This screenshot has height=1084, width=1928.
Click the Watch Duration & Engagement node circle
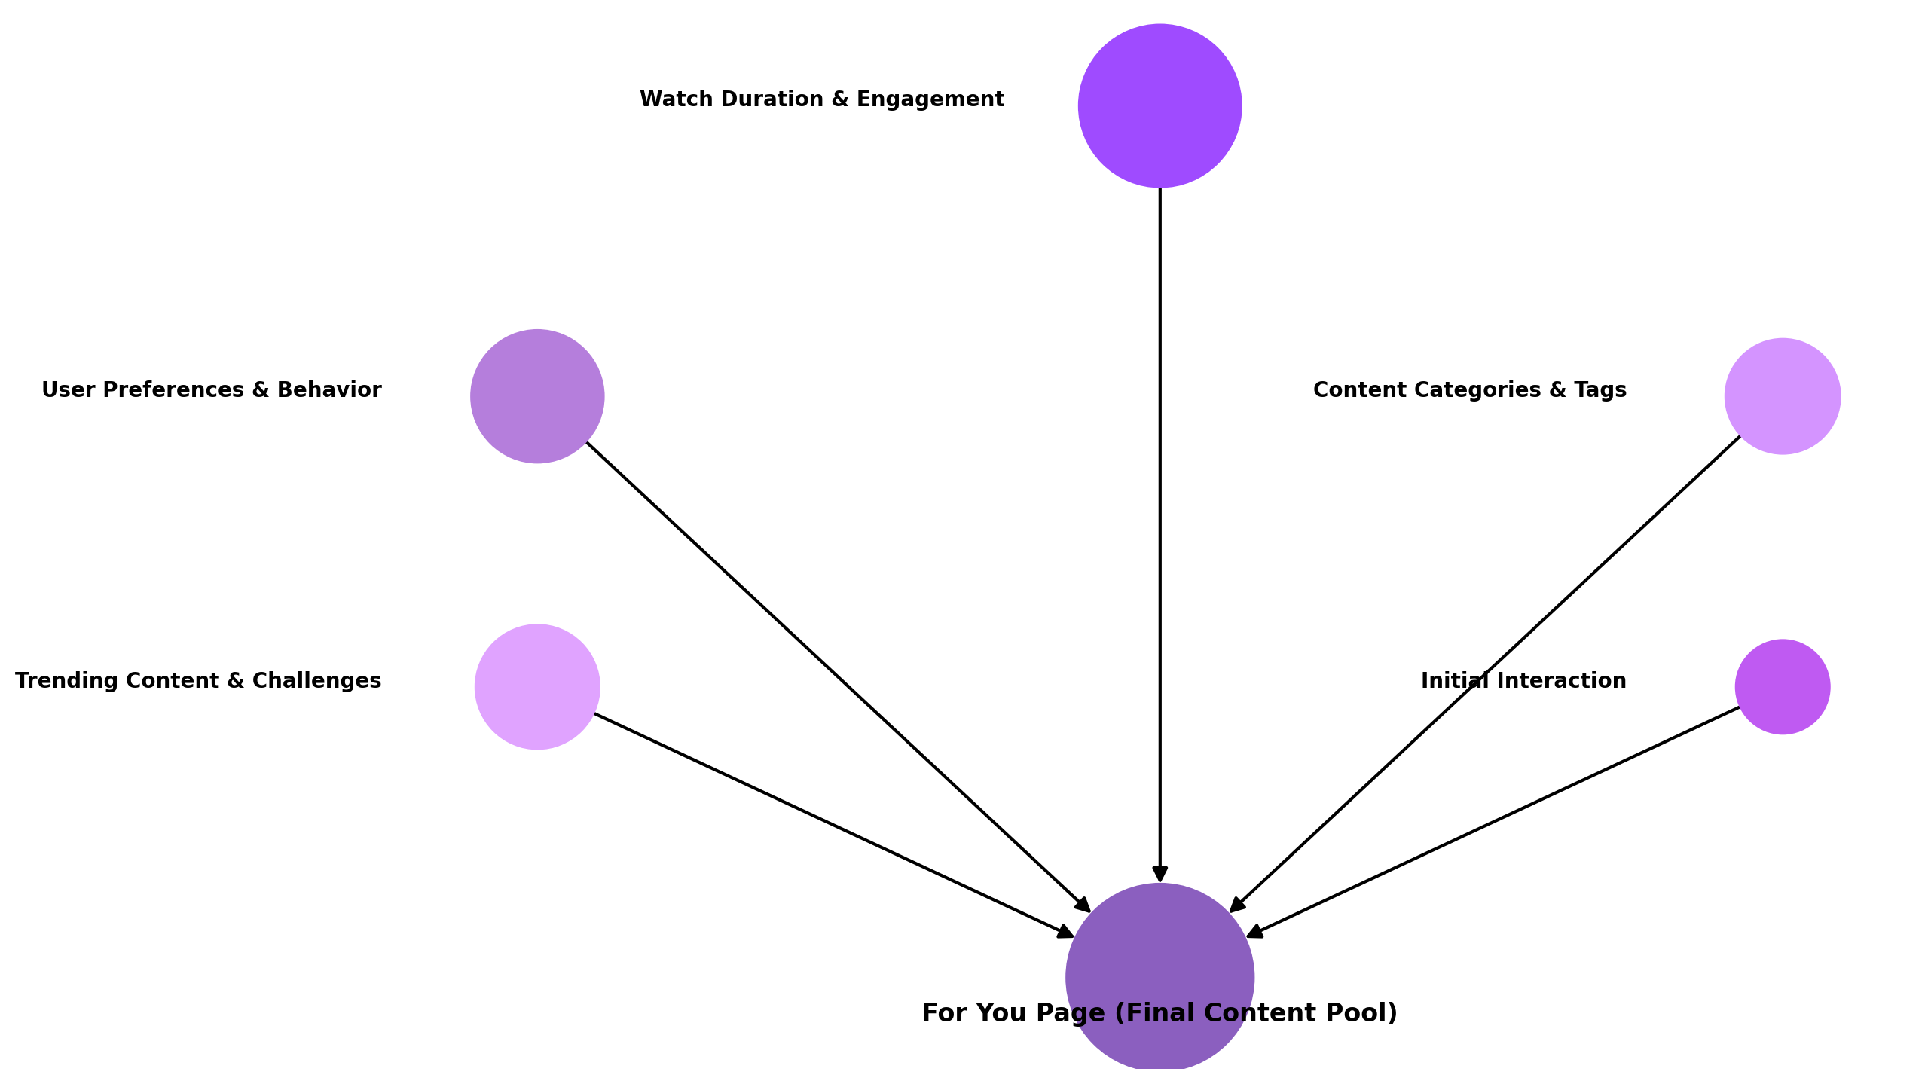tap(1160, 105)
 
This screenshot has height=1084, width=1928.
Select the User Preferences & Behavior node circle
tap(537, 396)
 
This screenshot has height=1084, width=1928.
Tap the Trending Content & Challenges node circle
tap(537, 686)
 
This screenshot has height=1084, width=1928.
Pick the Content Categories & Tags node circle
tap(1782, 396)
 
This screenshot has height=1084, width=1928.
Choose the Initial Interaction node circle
tap(1782, 686)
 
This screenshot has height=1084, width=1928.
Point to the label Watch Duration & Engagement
tap(821, 99)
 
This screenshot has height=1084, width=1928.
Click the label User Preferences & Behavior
tap(212, 390)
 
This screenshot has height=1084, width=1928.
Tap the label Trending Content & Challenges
tap(198, 681)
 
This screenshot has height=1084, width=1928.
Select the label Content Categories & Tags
tap(1469, 390)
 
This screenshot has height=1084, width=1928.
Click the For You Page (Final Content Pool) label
tap(1160, 1013)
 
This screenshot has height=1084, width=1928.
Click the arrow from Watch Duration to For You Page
tap(1160, 527)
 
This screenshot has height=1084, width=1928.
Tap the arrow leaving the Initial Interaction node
tap(1499, 819)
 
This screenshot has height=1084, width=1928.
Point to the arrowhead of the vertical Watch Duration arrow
tap(1160, 874)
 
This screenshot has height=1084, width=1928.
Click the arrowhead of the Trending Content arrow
tap(1065, 933)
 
